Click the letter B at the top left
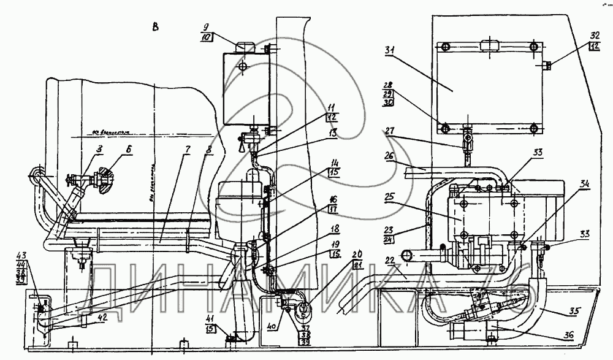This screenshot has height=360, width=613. pos(156,26)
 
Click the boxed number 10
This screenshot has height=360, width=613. pos(207,38)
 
